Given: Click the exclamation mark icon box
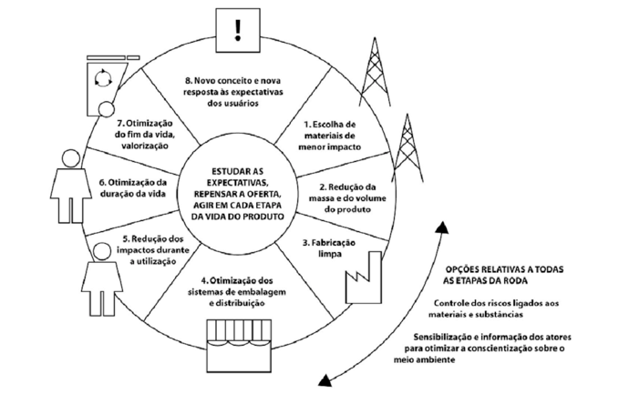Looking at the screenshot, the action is click(x=238, y=31).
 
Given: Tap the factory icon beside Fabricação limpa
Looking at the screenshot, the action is click(x=364, y=278).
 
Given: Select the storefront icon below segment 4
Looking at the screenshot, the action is click(x=239, y=346).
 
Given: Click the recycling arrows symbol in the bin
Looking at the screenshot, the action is click(x=104, y=78).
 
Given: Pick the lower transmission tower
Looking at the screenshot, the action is click(x=407, y=148).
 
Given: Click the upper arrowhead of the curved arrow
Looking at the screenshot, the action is click(x=442, y=228).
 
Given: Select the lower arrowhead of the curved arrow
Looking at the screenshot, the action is click(x=325, y=380).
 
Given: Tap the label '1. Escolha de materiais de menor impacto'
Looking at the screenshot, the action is click(x=330, y=136).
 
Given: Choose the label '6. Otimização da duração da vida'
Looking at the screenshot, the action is click(x=133, y=188).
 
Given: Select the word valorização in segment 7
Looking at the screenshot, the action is click(x=142, y=146).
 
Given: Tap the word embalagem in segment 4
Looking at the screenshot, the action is click(x=263, y=292).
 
